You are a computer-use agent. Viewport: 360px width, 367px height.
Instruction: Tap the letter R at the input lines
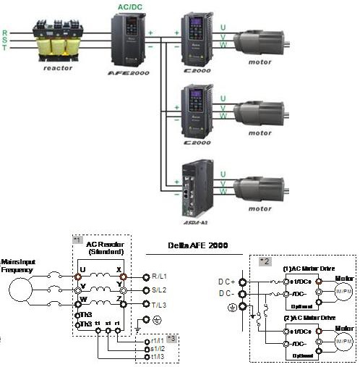(x=5, y=33)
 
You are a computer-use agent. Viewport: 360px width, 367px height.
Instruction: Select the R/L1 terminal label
(x=160, y=277)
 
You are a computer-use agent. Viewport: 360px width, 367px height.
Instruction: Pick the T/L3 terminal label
(x=160, y=305)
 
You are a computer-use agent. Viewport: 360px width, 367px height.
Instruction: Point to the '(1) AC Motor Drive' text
(x=307, y=267)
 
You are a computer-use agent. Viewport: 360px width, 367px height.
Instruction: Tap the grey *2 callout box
(x=265, y=259)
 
